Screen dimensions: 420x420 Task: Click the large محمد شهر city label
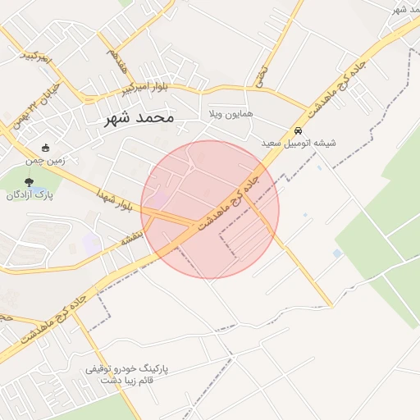139,118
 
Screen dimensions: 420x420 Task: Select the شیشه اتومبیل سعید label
299,143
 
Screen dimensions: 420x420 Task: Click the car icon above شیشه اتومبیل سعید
297,130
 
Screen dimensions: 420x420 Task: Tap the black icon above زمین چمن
45,148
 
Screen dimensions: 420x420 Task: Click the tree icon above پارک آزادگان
30,182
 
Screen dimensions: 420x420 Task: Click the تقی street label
262,78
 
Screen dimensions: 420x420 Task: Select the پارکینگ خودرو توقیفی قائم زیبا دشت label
126,376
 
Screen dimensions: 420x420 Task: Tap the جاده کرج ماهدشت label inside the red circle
229,202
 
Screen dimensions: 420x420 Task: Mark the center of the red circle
210,209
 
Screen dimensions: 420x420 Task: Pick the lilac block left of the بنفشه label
92,243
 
